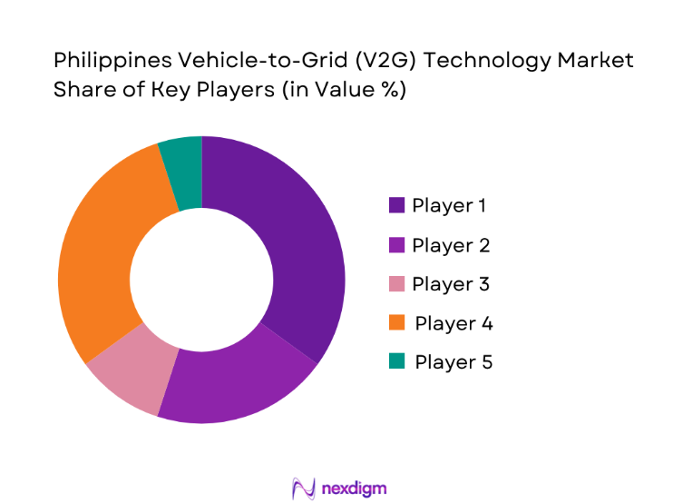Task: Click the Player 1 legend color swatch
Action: point(396,206)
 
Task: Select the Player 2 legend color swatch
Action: point(396,245)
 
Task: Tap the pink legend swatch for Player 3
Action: point(396,284)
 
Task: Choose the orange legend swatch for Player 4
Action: point(396,323)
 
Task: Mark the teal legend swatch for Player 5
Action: point(396,362)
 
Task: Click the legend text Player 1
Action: point(449,206)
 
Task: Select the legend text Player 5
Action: point(454,362)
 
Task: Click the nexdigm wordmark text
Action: point(353,488)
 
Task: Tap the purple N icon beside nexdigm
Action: point(302,488)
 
